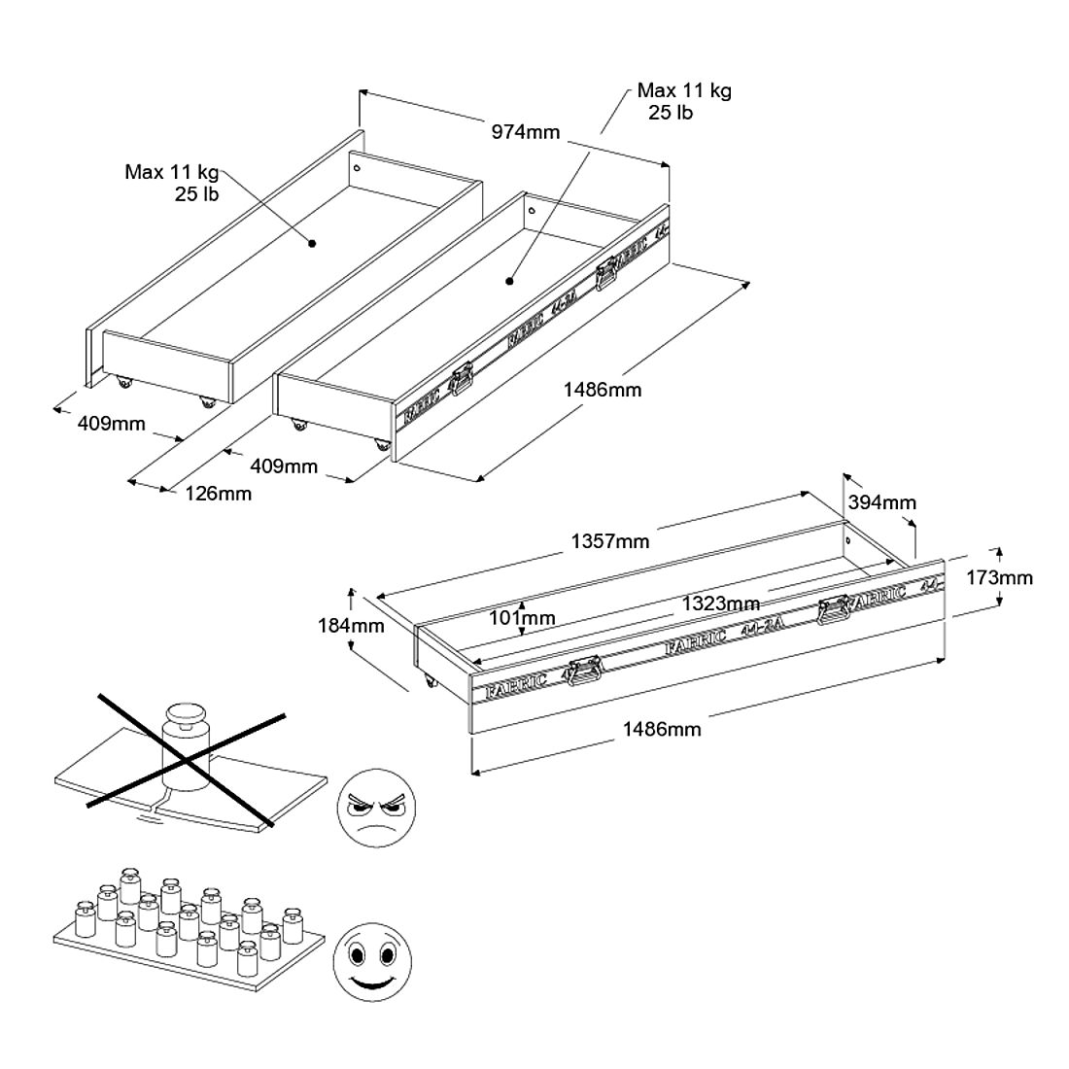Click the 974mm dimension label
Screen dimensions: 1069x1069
pyautogui.click(x=526, y=132)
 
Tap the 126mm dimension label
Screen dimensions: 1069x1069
pyautogui.click(x=219, y=494)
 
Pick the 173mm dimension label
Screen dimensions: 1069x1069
pyautogui.click(x=1000, y=577)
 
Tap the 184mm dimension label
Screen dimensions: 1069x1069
pyautogui.click(x=351, y=625)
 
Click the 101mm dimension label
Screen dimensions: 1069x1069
pyautogui.click(x=523, y=617)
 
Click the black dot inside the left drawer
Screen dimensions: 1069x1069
pyautogui.click(x=312, y=244)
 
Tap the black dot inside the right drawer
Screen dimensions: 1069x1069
pyautogui.click(x=508, y=283)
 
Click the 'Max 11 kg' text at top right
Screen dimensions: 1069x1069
pyautogui.click(x=684, y=90)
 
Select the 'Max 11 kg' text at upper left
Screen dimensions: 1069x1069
pyautogui.click(x=172, y=172)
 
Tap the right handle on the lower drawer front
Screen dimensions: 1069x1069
pyautogui.click(x=834, y=610)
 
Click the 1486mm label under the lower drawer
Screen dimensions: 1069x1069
pyautogui.click(x=662, y=728)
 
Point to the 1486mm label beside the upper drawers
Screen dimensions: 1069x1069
pyautogui.click(x=603, y=390)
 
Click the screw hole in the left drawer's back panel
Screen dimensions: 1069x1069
pyautogui.click(x=357, y=167)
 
